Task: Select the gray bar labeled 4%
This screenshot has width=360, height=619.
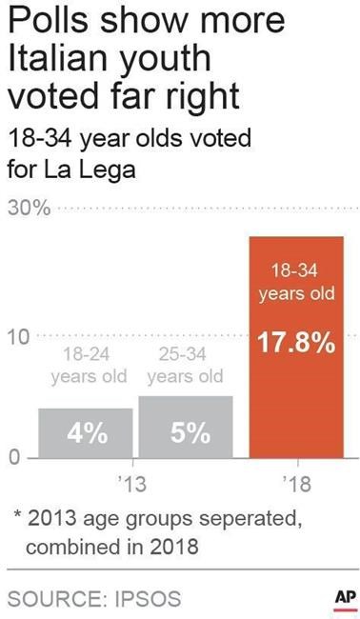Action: (86, 433)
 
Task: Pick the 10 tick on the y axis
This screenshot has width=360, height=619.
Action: (18, 336)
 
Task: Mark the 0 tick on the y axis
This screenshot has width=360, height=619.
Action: (12, 457)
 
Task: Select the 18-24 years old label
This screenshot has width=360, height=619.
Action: (89, 366)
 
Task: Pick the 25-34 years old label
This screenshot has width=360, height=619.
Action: (186, 366)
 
